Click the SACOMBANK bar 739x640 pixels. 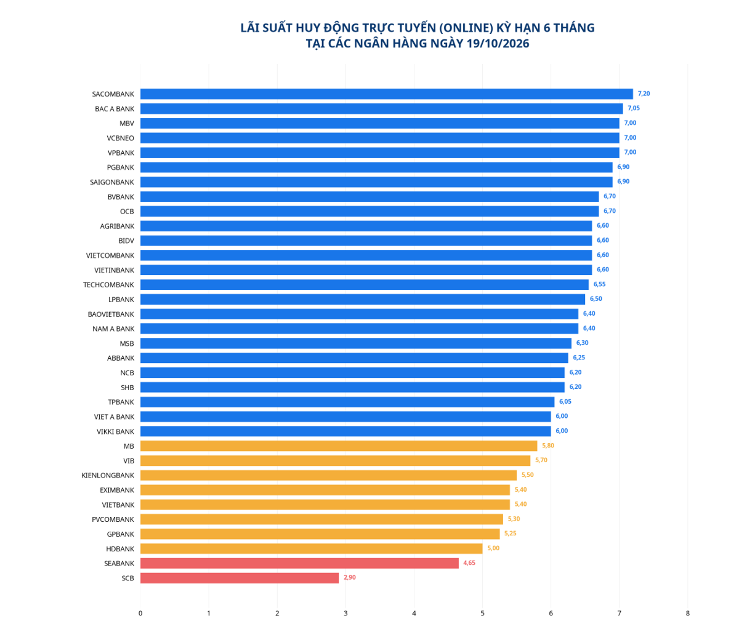[386, 94]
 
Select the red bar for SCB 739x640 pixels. [240, 578]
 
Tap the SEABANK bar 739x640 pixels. [299, 563]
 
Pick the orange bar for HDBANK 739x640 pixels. [312, 548]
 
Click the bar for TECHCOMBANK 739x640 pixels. [365, 284]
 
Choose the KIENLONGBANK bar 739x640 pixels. [328, 475]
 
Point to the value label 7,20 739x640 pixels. [644, 94]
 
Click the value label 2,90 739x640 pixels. [350, 577]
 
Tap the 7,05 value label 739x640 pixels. [634, 108]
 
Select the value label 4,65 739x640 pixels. [469, 563]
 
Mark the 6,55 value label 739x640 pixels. [600, 284]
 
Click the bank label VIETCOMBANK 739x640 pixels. [110, 255]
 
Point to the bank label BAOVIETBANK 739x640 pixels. [111, 314]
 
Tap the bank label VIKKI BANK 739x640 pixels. [116, 431]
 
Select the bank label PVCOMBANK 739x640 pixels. [113, 519]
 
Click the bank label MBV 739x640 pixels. [127, 124]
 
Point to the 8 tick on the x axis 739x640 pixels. [687, 613]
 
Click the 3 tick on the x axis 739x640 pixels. [345, 613]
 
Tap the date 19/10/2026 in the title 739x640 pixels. [498, 43]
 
